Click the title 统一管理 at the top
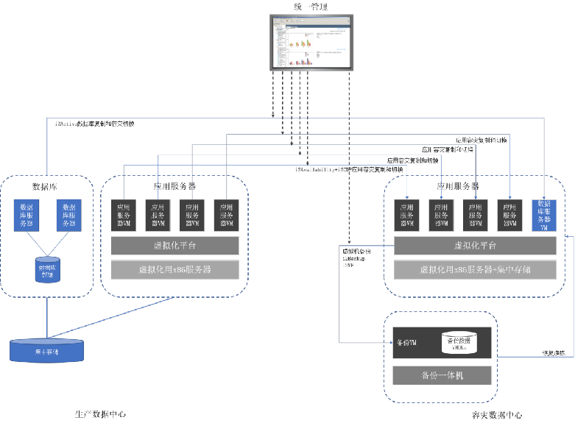pos(311,7)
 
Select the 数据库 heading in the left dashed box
pos(46,185)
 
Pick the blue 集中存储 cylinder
pos(47,351)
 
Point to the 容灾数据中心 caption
pos(497,415)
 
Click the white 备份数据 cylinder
pos(458,342)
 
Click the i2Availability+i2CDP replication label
pos(349,169)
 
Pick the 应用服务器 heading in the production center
pos(174,187)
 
